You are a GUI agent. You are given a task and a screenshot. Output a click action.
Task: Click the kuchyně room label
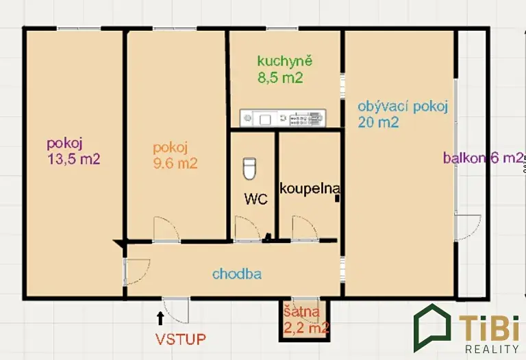coord(285,62)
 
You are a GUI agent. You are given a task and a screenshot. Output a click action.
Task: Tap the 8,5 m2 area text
coord(280,78)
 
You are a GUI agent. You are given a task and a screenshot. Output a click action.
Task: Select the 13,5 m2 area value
coord(74,159)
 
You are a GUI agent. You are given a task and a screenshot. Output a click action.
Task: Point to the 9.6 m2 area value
coord(175,164)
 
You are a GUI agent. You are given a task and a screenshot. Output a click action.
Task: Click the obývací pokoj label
coord(403,107)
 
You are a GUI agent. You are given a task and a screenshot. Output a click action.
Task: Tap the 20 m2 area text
coord(378,122)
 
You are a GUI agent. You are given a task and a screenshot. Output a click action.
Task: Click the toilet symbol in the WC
coord(249,168)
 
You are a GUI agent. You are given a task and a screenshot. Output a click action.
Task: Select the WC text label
coord(256,199)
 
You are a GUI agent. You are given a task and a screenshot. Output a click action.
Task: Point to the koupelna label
coord(310,188)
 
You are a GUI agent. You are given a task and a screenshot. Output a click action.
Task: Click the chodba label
coord(237,274)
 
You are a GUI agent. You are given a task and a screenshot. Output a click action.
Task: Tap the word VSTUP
coord(181,339)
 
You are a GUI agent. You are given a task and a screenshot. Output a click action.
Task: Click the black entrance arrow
coord(160,318)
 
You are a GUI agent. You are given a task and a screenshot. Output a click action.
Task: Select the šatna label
coord(302,312)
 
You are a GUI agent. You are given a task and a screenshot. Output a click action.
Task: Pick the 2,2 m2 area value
coord(306,327)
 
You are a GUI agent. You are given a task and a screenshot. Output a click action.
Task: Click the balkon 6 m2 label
coord(483,157)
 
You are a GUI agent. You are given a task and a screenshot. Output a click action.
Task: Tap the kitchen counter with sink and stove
coord(283,118)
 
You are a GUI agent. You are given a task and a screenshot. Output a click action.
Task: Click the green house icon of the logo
coord(432,328)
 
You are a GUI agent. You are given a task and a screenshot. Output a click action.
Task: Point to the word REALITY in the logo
coord(492,349)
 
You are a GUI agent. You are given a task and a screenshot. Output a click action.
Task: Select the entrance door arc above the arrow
coord(176,311)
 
